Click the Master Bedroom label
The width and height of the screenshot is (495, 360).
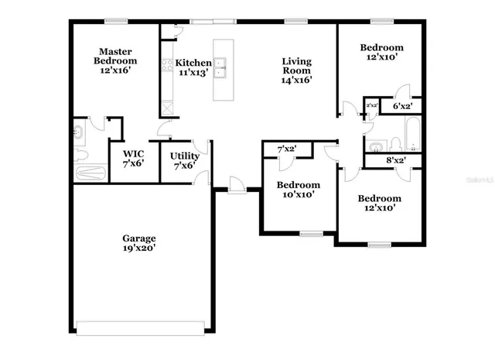[115, 60]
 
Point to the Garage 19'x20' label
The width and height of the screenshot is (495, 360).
[138, 244]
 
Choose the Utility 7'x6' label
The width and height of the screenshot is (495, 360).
[185, 160]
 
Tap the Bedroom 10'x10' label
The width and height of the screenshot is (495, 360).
[299, 190]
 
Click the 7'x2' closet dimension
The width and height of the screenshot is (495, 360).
[287, 148]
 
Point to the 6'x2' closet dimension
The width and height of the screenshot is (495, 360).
[401, 106]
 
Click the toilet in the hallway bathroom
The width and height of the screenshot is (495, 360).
[394, 143]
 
